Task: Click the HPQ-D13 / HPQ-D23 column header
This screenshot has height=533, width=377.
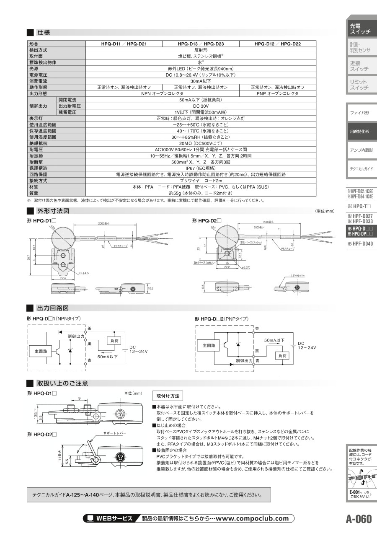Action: (x=201, y=44)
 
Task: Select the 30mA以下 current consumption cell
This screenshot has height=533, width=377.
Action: (x=201, y=81)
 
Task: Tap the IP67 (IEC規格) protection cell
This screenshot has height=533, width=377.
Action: (x=201, y=168)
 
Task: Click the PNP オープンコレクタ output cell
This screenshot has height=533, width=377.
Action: (x=277, y=93)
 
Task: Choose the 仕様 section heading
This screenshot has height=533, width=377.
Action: (x=44, y=32)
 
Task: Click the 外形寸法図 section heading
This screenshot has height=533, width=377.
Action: (x=52, y=211)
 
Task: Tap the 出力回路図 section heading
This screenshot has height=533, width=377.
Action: (x=52, y=308)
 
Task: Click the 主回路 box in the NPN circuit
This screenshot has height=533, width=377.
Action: (x=39, y=349)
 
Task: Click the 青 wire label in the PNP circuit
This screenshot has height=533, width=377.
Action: (x=257, y=360)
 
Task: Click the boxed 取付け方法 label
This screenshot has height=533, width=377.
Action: (x=168, y=396)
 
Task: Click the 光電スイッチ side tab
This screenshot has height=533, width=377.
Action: (x=360, y=28)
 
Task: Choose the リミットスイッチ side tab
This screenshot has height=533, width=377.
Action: (x=360, y=85)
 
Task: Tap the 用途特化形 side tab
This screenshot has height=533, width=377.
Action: (x=360, y=131)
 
